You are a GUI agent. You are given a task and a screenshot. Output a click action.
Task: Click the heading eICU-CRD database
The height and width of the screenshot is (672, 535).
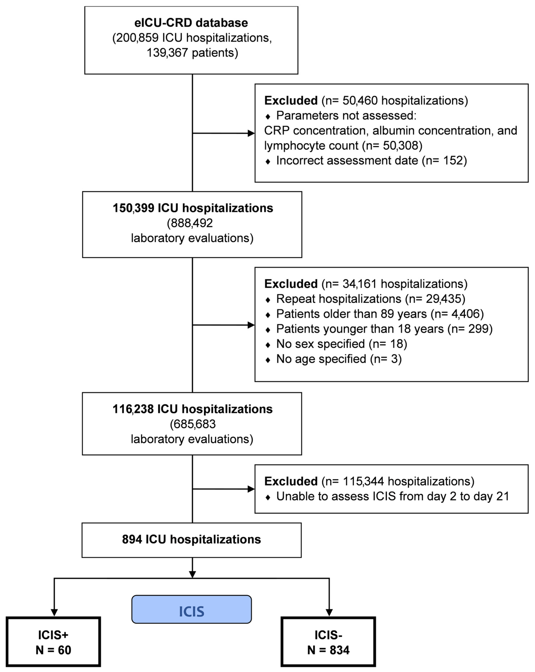pyautogui.click(x=191, y=23)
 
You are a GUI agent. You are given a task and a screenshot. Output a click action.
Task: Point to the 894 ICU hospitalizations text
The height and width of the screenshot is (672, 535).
pyautogui.click(x=191, y=539)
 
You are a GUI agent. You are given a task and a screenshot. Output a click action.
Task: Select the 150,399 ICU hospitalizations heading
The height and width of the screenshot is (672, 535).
pyautogui.click(x=193, y=208)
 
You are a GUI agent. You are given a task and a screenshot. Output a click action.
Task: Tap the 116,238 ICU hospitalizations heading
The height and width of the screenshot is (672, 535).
pyautogui.click(x=192, y=409)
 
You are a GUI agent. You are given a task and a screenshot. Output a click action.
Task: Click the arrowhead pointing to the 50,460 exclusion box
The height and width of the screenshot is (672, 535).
pyautogui.click(x=251, y=133)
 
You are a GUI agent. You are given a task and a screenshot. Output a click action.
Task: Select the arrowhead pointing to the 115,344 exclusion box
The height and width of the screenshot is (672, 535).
pyautogui.click(x=251, y=489)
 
